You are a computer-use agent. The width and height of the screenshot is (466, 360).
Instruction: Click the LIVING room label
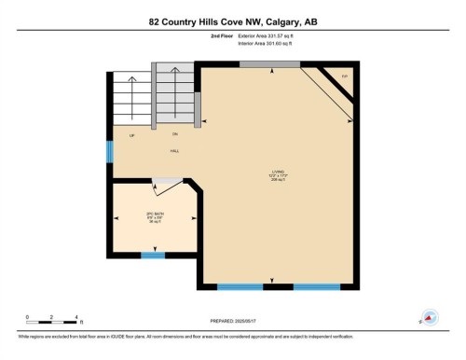(278, 173)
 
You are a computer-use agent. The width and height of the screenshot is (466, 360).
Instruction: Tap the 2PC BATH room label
(155, 217)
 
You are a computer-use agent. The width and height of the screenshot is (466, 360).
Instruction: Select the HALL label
(174, 151)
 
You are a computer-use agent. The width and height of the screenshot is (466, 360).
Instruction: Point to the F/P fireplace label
(344, 76)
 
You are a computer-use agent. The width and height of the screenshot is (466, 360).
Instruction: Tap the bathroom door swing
(168, 187)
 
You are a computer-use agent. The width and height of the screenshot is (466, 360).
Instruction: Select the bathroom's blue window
(152, 255)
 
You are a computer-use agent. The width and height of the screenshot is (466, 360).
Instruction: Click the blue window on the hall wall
(109, 151)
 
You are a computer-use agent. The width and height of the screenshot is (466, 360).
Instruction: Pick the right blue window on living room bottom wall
(316, 286)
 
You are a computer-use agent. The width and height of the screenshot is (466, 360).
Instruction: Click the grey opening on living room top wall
(269, 63)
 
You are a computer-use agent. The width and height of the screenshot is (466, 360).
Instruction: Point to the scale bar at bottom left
(52, 323)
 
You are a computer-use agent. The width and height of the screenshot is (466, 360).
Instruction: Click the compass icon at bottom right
(430, 317)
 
